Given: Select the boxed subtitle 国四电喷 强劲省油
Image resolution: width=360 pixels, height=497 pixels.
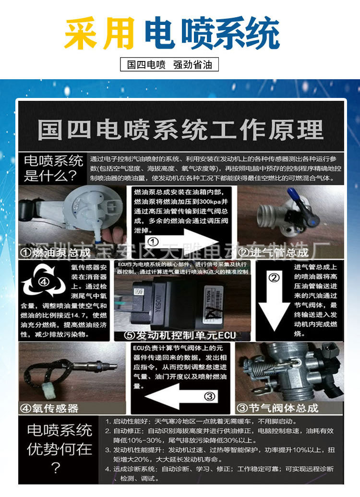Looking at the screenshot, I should pos(169,65).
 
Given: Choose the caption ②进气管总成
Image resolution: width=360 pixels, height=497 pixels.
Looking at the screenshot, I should pos(274,252).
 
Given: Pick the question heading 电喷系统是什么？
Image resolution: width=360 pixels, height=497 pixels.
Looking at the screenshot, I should pos(53,168).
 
